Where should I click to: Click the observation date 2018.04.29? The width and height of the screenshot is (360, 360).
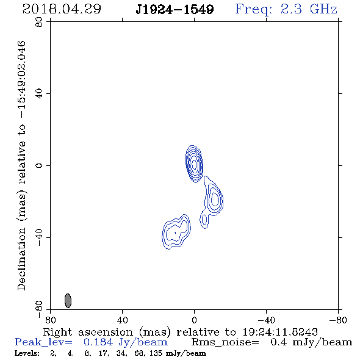pos(62,9)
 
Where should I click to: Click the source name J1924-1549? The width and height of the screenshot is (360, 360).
pos(175,9)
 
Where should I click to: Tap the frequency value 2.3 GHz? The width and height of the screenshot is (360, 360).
pos(309,9)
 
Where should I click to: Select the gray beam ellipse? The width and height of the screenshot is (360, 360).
pos(68,300)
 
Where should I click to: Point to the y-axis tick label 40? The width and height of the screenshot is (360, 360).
pos(39,94)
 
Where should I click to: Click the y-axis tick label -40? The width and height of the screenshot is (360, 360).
pos(39,237)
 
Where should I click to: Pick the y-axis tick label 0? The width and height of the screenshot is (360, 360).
pos(39,165)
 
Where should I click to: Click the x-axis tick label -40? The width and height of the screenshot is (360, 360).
pos(266,320)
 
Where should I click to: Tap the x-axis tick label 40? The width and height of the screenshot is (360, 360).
pos(123,320)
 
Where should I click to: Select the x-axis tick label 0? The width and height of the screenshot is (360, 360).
pos(195,320)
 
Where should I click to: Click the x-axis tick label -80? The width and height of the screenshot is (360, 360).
pos(338,320)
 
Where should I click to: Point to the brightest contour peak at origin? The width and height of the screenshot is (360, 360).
pos(195,164)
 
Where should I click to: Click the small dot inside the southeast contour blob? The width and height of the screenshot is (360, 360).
pos(175,233)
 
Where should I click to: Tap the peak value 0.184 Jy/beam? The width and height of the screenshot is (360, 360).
pos(126,342)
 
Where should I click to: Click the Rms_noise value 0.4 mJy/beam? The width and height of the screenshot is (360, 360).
pos(311,342)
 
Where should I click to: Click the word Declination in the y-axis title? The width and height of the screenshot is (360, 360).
pos(21,259)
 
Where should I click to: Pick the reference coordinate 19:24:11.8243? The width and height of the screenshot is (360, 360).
pos(280,332)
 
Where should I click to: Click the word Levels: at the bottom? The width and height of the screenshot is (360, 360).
pos(27,353)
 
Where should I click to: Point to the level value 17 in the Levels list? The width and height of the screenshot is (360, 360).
pos(103,353)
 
